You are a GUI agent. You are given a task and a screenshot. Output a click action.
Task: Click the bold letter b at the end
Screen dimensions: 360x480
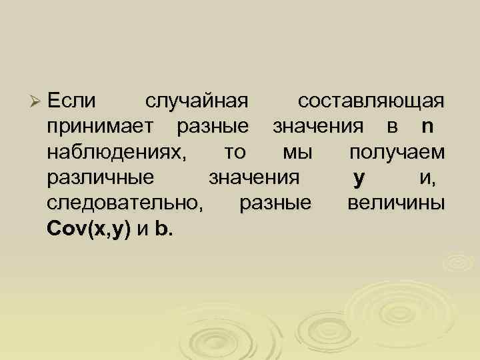point(162,229)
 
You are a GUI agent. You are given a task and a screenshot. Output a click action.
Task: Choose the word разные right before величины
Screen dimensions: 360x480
point(274,204)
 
